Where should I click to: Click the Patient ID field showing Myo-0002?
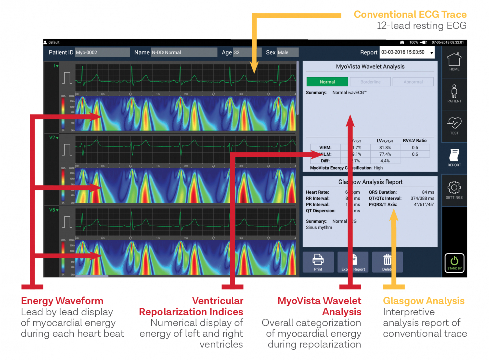pyautogui.click(x=95, y=52)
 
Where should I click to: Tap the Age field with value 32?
pyautogui.click(x=247, y=52)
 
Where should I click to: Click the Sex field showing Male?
pyautogui.click(x=287, y=52)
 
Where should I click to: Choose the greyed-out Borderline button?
pyautogui.click(x=370, y=82)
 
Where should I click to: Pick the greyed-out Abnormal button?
pyautogui.click(x=413, y=82)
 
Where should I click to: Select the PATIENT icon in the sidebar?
pyautogui.click(x=454, y=94)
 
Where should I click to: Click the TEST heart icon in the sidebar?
pyautogui.click(x=454, y=125)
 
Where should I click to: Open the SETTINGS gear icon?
pyautogui.click(x=454, y=190)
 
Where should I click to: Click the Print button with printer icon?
pyautogui.click(x=318, y=262)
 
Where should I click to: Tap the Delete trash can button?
pyautogui.click(x=387, y=262)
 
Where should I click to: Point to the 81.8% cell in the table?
pyautogui.click(x=385, y=147)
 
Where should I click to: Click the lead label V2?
pyautogui.click(x=53, y=137)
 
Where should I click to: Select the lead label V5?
pyautogui.click(x=53, y=209)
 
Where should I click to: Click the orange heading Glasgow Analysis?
pyautogui.click(x=424, y=301)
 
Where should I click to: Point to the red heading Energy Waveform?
pyautogui.click(x=62, y=301)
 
